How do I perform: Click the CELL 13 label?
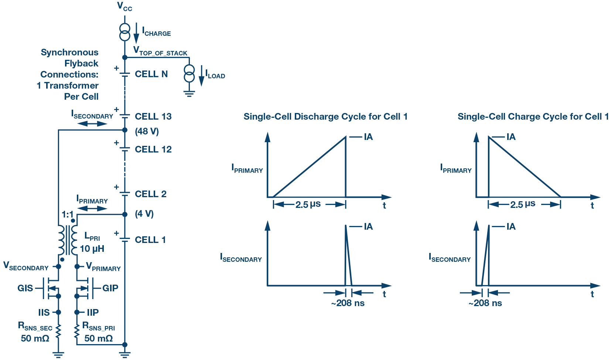[x=153, y=116]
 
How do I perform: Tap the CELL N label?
[x=151, y=74]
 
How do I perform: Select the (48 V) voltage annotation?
[x=147, y=131]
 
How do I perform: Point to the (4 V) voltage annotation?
[x=144, y=213]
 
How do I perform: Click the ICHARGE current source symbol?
[x=124, y=32]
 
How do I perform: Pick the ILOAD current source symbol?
[x=189, y=73]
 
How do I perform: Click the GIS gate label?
[x=25, y=288]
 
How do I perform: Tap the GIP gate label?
[x=110, y=288]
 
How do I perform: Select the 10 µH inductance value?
[x=92, y=249]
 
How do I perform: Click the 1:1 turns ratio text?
[x=68, y=215]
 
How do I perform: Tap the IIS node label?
[x=44, y=312]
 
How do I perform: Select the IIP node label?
[x=93, y=312]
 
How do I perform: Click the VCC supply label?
[x=124, y=7]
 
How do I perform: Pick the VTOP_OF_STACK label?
[x=160, y=51]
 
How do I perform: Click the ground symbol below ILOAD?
[x=189, y=94]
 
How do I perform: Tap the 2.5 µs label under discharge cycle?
[x=308, y=205]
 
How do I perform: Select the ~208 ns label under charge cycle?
[x=485, y=303]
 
